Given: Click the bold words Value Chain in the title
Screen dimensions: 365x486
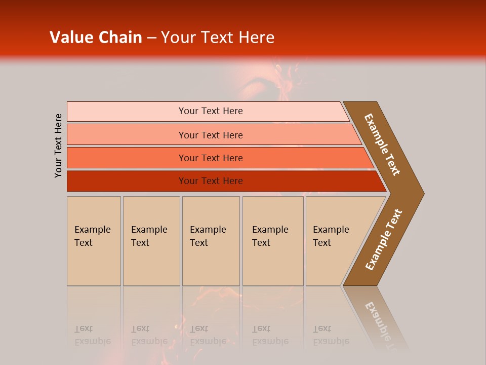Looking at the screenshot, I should pos(96,38).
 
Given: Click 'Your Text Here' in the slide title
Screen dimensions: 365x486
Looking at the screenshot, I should pos(218,38).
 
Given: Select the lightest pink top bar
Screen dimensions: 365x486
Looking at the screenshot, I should pos(127,112).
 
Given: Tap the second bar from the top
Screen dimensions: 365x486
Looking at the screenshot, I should pos(127,135).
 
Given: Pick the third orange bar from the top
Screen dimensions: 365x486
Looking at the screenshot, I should pos(127,158).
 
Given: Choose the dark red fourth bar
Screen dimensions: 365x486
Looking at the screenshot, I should pos(127,181).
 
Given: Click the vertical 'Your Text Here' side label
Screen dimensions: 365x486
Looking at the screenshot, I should pos(58,145).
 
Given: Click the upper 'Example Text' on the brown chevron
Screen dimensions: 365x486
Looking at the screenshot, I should pos(382,144).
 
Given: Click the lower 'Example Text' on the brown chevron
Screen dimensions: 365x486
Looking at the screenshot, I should pos(384,240).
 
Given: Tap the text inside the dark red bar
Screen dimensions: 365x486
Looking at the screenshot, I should pos(211,181).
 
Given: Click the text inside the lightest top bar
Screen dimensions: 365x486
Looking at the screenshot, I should pos(211,111).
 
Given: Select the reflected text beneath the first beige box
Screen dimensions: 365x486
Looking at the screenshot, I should pos(92,335).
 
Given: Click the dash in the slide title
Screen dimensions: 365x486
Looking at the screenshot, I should pos(151,38).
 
